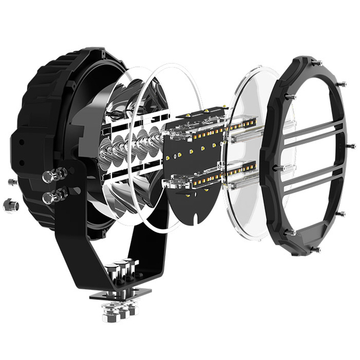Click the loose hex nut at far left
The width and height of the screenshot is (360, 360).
10,205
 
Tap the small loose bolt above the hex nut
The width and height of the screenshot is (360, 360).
12,181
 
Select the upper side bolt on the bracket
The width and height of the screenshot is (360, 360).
51,175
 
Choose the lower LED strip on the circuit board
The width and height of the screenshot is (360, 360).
205,176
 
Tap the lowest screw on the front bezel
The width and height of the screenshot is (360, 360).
317,249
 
